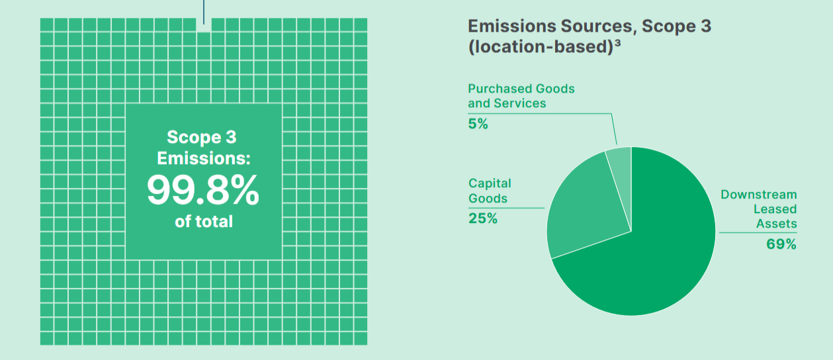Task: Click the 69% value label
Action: pyautogui.click(x=781, y=244)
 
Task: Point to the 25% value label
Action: pyautogui.click(x=482, y=218)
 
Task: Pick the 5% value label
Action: pyautogui.click(x=478, y=123)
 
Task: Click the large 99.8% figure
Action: pyautogui.click(x=203, y=191)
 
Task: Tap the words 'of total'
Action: pyautogui.click(x=203, y=222)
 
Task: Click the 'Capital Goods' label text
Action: pyautogui.click(x=490, y=191)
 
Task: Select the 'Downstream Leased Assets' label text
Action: pyautogui.click(x=761, y=209)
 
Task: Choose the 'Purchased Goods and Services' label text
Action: pyautogui.click(x=521, y=96)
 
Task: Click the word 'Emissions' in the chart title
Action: pyautogui.click(x=509, y=27)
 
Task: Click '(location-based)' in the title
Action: pyautogui.click(x=539, y=48)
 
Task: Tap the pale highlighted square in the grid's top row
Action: pyautogui.click(x=204, y=26)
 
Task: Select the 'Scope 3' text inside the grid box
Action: pyautogui.click(x=202, y=138)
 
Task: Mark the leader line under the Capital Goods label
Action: pyautogui.click(x=506, y=208)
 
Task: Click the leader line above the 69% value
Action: pyautogui.click(x=758, y=232)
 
